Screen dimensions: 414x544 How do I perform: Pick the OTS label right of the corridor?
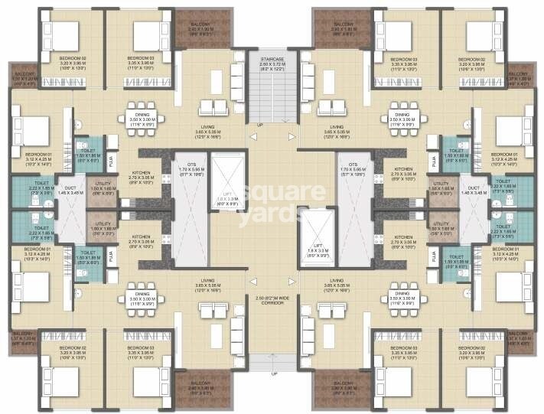tap(353, 164)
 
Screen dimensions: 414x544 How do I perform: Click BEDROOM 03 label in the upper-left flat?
tap(139, 58)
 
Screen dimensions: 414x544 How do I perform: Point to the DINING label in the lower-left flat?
tap(142, 292)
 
